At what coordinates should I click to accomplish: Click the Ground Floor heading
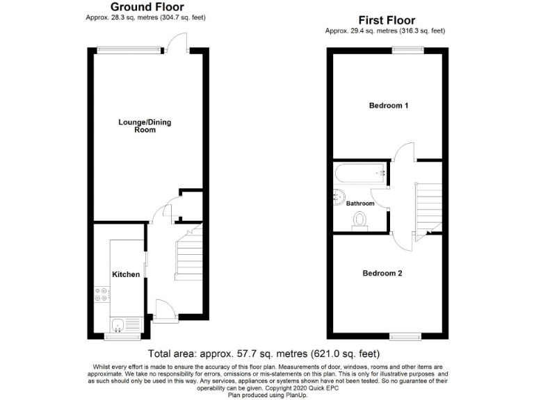pyautogui.click(x=147, y=7)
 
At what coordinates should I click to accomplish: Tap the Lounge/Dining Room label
pyautogui.click(x=145, y=126)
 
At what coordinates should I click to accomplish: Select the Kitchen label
pyautogui.click(x=126, y=274)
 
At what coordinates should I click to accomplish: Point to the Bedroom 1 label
pyautogui.click(x=388, y=106)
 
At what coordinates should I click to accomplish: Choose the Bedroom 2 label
pyautogui.click(x=382, y=273)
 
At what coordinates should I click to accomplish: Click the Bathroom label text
pyautogui.click(x=361, y=203)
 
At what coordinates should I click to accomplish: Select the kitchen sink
pyautogui.click(x=118, y=323)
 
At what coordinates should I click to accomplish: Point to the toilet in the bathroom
pyautogui.click(x=359, y=220)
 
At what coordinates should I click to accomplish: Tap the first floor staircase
pyautogui.click(x=428, y=201)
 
